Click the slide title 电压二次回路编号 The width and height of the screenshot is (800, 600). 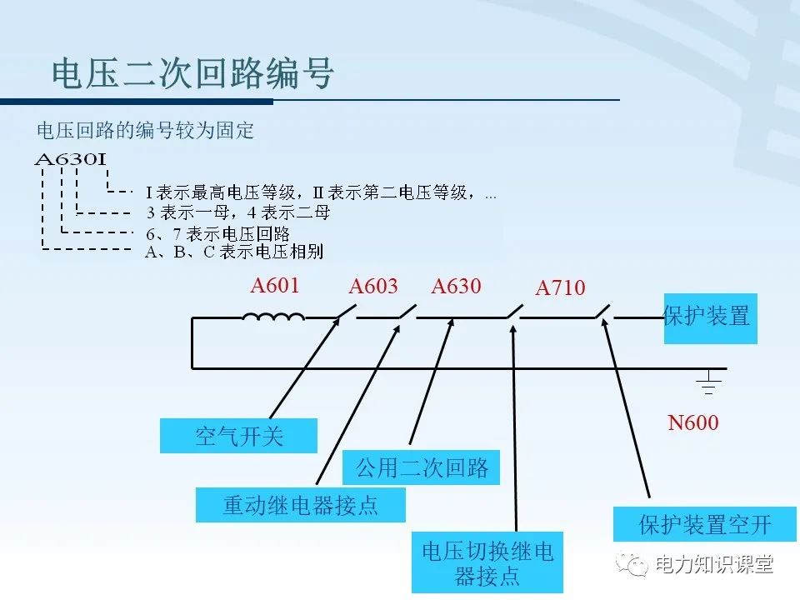(x=193, y=73)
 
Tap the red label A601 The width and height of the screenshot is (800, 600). (x=274, y=286)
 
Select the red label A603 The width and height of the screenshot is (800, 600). (x=372, y=287)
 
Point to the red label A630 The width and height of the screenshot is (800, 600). (x=456, y=287)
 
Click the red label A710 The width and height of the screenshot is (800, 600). (x=560, y=288)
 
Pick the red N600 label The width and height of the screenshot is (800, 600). (x=692, y=423)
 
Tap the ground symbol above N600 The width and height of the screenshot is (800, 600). (x=708, y=384)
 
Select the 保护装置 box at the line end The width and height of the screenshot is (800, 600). (x=710, y=317)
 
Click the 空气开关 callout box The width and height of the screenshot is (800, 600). (x=239, y=436)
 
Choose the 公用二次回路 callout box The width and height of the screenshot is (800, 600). (x=422, y=467)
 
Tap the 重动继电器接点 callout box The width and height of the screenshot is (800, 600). (x=300, y=505)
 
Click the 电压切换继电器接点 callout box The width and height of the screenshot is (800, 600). (x=487, y=562)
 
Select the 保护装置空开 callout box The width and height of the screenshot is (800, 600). (x=704, y=524)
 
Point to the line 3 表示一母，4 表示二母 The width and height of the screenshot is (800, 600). (x=237, y=212)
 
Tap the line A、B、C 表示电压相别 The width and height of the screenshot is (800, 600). (x=233, y=252)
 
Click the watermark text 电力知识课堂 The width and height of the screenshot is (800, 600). (x=714, y=565)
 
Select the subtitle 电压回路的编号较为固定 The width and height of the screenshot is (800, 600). (x=145, y=131)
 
